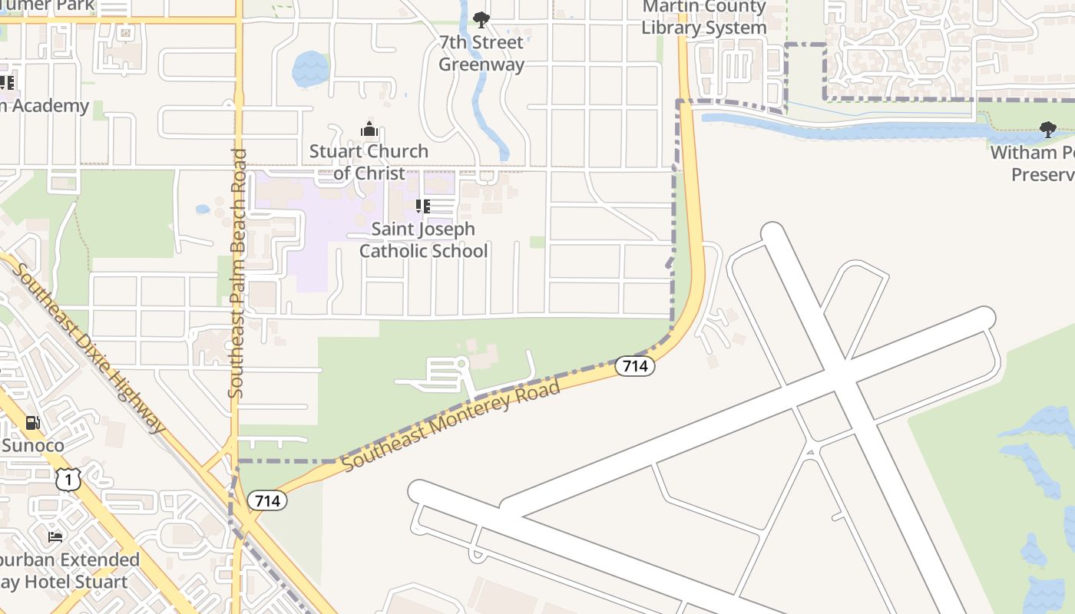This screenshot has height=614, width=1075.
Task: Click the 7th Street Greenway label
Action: click(481, 53)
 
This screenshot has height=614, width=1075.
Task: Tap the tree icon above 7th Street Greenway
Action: click(481, 19)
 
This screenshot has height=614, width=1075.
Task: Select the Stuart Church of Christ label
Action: click(369, 162)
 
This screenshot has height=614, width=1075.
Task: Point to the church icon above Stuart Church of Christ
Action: click(369, 129)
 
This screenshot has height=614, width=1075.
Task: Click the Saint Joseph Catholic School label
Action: click(423, 239)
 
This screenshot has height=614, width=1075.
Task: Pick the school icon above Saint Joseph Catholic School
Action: click(423, 206)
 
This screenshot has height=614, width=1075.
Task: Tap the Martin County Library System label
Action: click(703, 18)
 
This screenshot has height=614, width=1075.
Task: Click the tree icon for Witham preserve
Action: click(1048, 130)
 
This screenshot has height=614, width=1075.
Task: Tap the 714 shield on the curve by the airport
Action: click(635, 367)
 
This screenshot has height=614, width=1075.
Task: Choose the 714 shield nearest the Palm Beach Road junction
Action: click(267, 501)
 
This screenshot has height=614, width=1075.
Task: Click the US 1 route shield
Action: click(68, 480)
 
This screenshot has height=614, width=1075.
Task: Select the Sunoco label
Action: click(33, 445)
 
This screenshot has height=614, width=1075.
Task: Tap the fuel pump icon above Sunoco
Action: click(32, 422)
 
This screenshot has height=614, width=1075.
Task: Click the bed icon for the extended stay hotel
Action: click(55, 536)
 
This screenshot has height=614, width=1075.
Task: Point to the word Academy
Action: click(46, 106)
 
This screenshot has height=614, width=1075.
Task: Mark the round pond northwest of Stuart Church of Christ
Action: click(310, 69)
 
